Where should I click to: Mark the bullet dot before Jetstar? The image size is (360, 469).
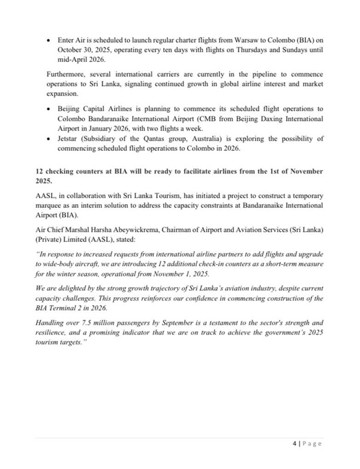click(x=49, y=139)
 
